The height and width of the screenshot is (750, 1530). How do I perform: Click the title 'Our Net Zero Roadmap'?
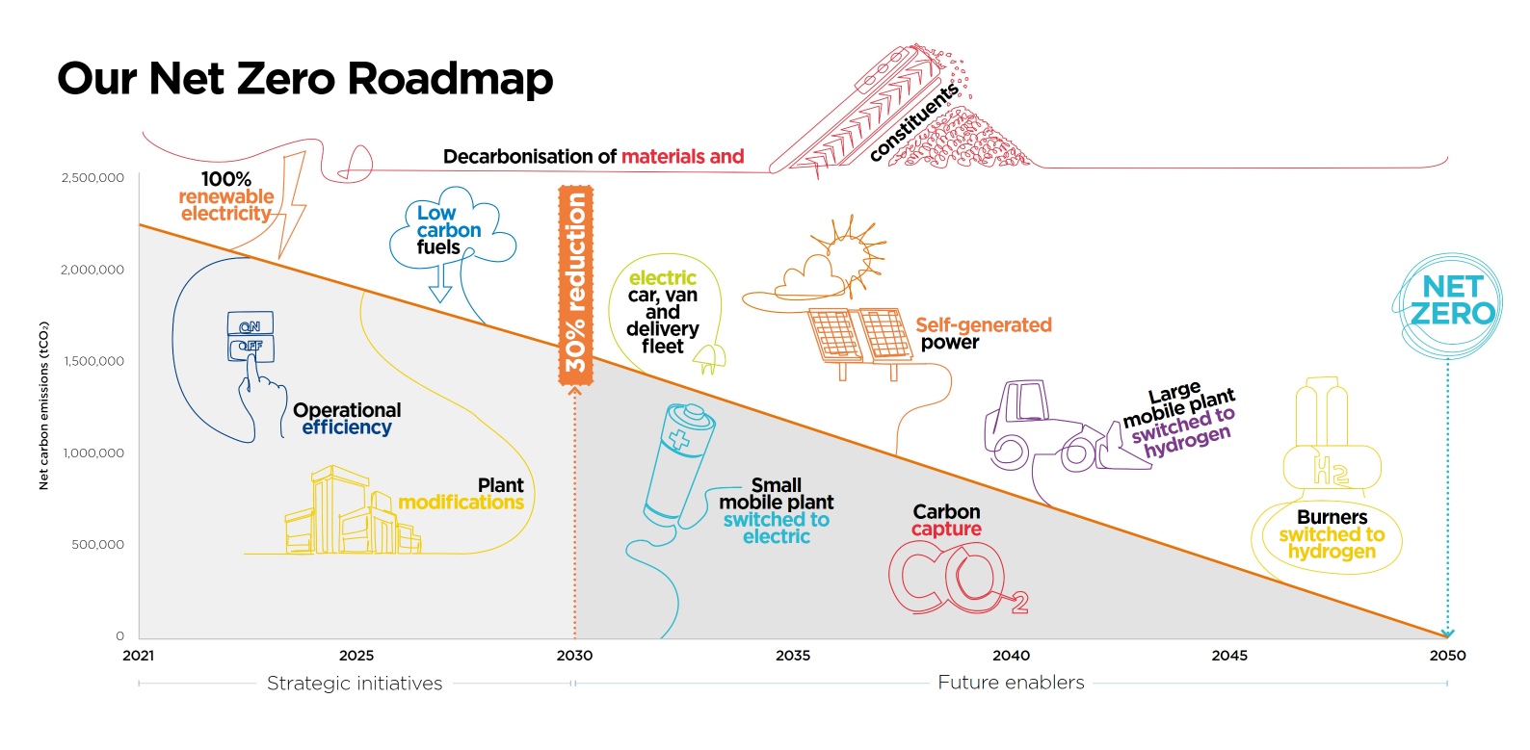pyautogui.click(x=304, y=79)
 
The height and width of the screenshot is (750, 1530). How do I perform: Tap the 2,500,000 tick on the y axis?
pyautogui.click(x=92, y=178)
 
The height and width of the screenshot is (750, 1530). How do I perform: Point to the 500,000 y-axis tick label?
pyautogui.click(x=97, y=545)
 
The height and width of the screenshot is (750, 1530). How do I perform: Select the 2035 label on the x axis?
pyautogui.click(x=792, y=656)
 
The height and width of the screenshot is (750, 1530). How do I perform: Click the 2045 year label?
pyautogui.click(x=1228, y=656)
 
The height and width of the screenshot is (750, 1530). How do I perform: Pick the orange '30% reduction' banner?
pyautogui.click(x=575, y=285)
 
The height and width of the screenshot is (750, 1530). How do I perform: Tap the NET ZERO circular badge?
pyautogui.click(x=1449, y=305)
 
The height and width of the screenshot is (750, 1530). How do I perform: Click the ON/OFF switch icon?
pyautogui.click(x=251, y=336)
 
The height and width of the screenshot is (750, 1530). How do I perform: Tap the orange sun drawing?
pyautogui.click(x=849, y=255)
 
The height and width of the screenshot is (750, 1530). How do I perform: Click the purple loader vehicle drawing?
pyautogui.click(x=1066, y=427)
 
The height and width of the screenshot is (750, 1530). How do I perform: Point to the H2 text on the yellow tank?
pyautogui.click(x=1332, y=470)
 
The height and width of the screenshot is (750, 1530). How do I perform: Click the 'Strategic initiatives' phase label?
pyautogui.click(x=355, y=684)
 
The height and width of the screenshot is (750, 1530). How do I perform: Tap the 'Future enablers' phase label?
pyautogui.click(x=1011, y=683)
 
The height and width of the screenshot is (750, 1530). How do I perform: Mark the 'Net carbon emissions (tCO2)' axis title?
pyautogui.click(x=43, y=405)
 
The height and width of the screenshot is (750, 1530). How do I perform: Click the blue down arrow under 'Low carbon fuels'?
pyautogui.click(x=440, y=282)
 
